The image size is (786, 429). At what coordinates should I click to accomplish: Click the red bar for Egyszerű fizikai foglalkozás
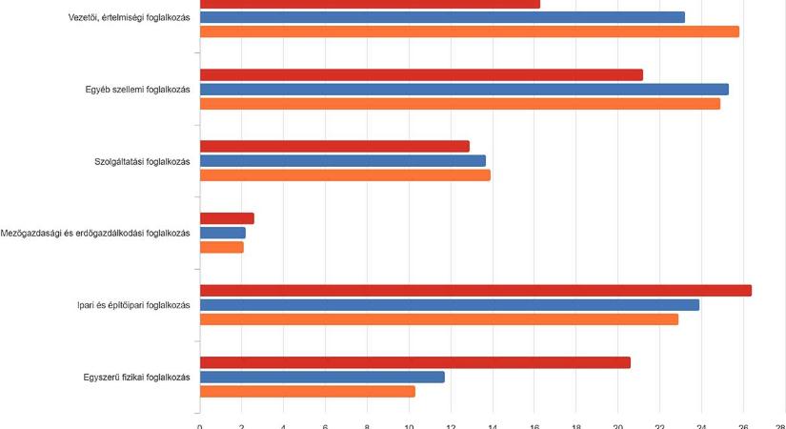(x=414, y=362)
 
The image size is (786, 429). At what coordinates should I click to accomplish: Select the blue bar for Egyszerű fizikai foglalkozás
(x=322, y=377)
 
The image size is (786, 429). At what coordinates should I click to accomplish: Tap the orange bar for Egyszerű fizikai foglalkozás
(x=307, y=391)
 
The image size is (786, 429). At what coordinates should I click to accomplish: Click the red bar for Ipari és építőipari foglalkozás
(x=475, y=291)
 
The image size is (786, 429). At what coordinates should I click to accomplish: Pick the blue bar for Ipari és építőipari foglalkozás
(x=449, y=305)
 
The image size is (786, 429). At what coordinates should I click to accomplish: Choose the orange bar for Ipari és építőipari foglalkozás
(x=438, y=319)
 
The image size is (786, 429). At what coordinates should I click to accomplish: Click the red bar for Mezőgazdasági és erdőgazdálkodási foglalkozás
(x=227, y=218)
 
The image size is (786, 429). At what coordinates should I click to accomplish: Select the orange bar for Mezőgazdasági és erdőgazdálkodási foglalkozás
(x=221, y=247)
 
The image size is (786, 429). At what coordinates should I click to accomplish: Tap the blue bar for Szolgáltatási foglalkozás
(x=342, y=161)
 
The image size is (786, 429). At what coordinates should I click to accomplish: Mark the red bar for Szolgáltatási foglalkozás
(x=334, y=146)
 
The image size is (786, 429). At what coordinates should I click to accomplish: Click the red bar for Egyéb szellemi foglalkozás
(x=421, y=74)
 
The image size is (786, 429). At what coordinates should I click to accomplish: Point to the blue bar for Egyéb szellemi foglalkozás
(x=464, y=89)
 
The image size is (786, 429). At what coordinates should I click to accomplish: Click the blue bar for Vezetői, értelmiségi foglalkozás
(x=442, y=17)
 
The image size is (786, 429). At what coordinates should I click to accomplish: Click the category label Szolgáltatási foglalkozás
(x=136, y=161)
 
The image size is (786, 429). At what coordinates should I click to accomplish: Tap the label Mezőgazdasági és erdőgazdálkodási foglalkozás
(x=96, y=233)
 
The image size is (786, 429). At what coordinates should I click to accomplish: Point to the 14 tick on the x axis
(x=493, y=426)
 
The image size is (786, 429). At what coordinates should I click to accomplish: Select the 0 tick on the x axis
(x=199, y=426)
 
